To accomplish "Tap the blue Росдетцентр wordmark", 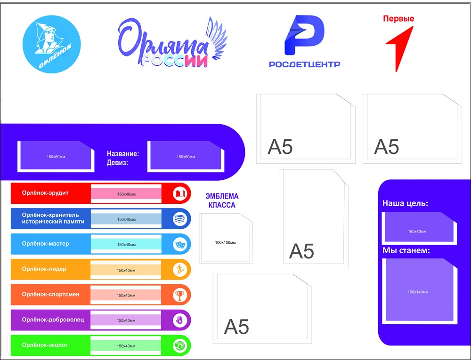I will click(304, 64).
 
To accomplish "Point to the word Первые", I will click(398, 19).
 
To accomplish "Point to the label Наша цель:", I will click(405, 204).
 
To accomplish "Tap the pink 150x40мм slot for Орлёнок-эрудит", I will click(126, 193).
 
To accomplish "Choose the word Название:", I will click(123, 153).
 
